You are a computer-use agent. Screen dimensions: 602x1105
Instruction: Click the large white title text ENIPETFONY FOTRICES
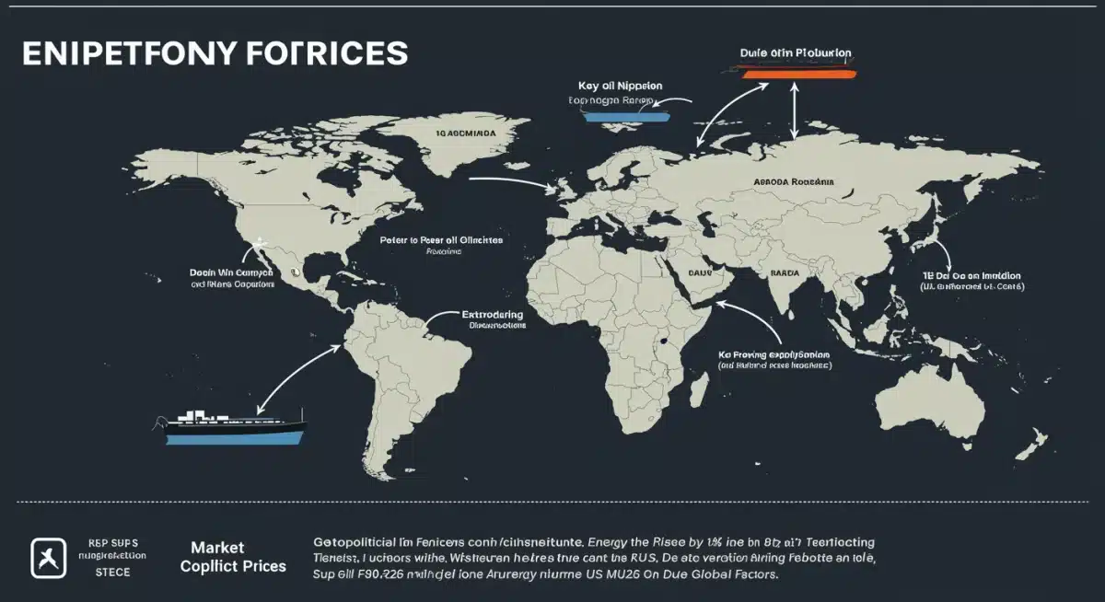[214, 52]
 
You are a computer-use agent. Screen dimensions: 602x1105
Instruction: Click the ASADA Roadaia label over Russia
[793, 182]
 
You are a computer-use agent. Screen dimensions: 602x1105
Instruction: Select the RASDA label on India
[784, 273]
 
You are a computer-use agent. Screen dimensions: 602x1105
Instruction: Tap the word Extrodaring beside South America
[492, 315]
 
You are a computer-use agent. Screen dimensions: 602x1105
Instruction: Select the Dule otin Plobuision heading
[796, 52]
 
